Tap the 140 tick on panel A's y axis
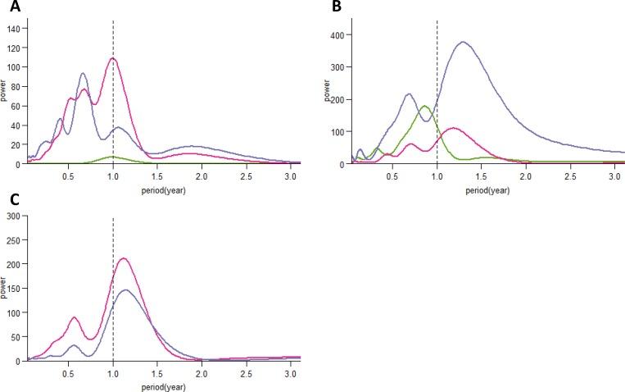(14, 28)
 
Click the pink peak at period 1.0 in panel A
(113, 58)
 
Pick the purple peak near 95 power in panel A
(83, 74)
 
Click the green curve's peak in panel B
(424, 106)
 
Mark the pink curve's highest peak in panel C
(124, 258)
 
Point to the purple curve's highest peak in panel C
(125, 289)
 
